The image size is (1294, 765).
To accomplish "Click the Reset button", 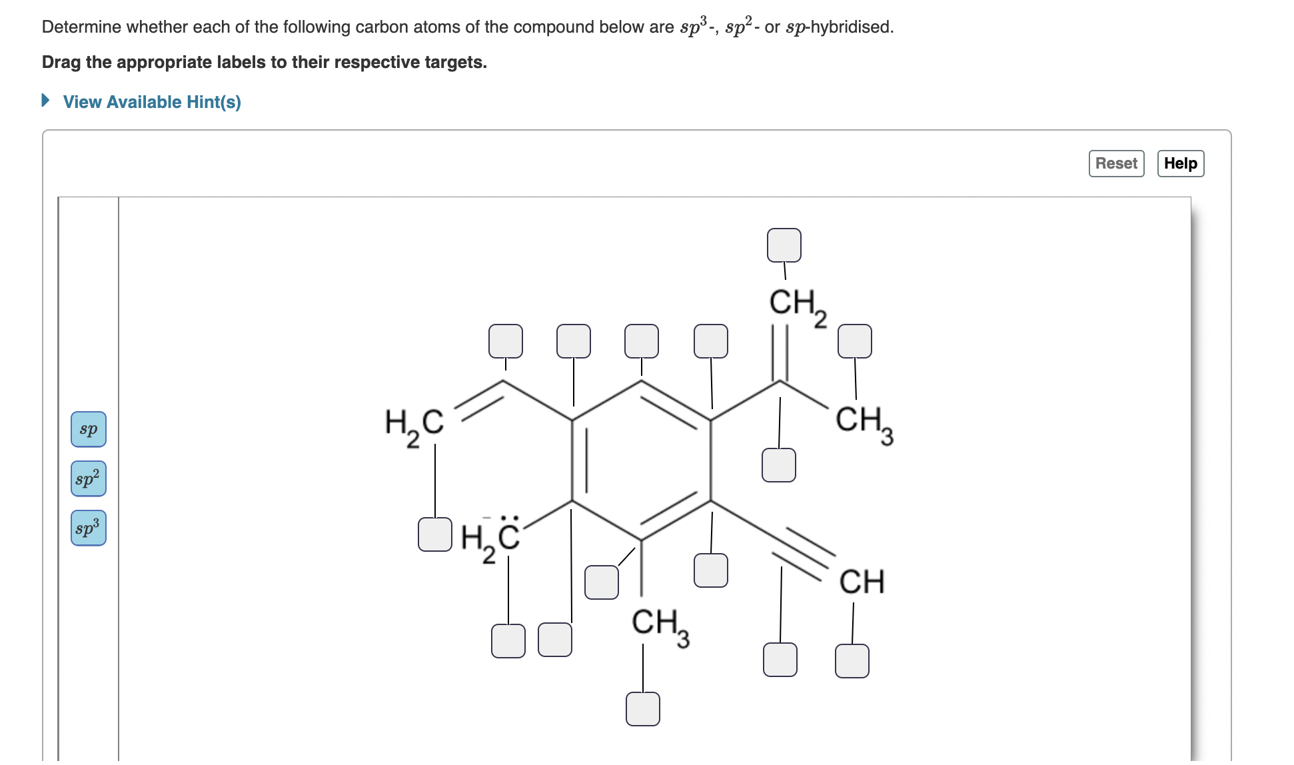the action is pos(1116,163).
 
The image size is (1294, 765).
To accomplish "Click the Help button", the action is pos(1180,163).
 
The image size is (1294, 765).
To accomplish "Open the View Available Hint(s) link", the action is pos(152,102).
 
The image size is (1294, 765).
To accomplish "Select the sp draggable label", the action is pos(89,429).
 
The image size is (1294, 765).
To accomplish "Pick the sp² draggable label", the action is pos(89,478).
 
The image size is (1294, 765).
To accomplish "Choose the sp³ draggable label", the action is pos(89,528).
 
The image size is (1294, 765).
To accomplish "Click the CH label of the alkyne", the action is pos(861,582).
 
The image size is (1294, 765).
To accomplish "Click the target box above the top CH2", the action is pos(784,245).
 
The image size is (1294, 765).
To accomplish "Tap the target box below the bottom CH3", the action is pos(643,708).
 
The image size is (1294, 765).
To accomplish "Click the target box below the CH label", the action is pos(852,661).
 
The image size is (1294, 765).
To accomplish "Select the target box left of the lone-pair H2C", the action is pos(435,534).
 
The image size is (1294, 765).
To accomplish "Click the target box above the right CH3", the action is pos(855,341).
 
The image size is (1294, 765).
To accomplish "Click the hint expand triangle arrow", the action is pos(46,101).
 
